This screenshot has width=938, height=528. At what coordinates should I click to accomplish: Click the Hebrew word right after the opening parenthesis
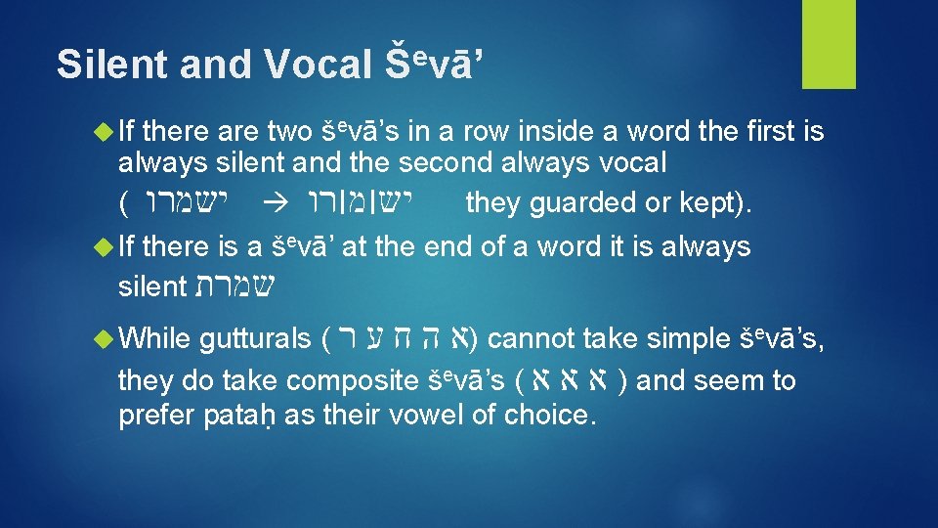(x=184, y=202)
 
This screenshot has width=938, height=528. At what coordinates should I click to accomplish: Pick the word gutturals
(x=255, y=339)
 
